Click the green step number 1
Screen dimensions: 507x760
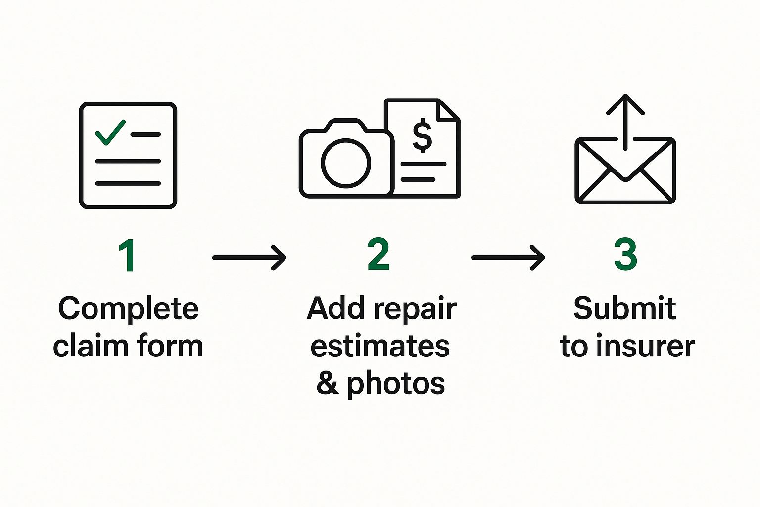point(128,255)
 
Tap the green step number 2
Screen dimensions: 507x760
point(379,254)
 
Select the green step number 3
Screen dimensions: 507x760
point(625,254)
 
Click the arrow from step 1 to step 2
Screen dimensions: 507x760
point(249,257)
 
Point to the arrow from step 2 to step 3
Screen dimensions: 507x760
point(508,257)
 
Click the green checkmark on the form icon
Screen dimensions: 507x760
point(110,132)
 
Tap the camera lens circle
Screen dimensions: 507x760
point(346,163)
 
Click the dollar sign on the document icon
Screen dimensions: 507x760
point(422,136)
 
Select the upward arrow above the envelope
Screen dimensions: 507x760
point(626,119)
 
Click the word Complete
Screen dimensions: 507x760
point(128,309)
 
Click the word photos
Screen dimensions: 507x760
point(395,384)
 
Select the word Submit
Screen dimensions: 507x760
point(625,308)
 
